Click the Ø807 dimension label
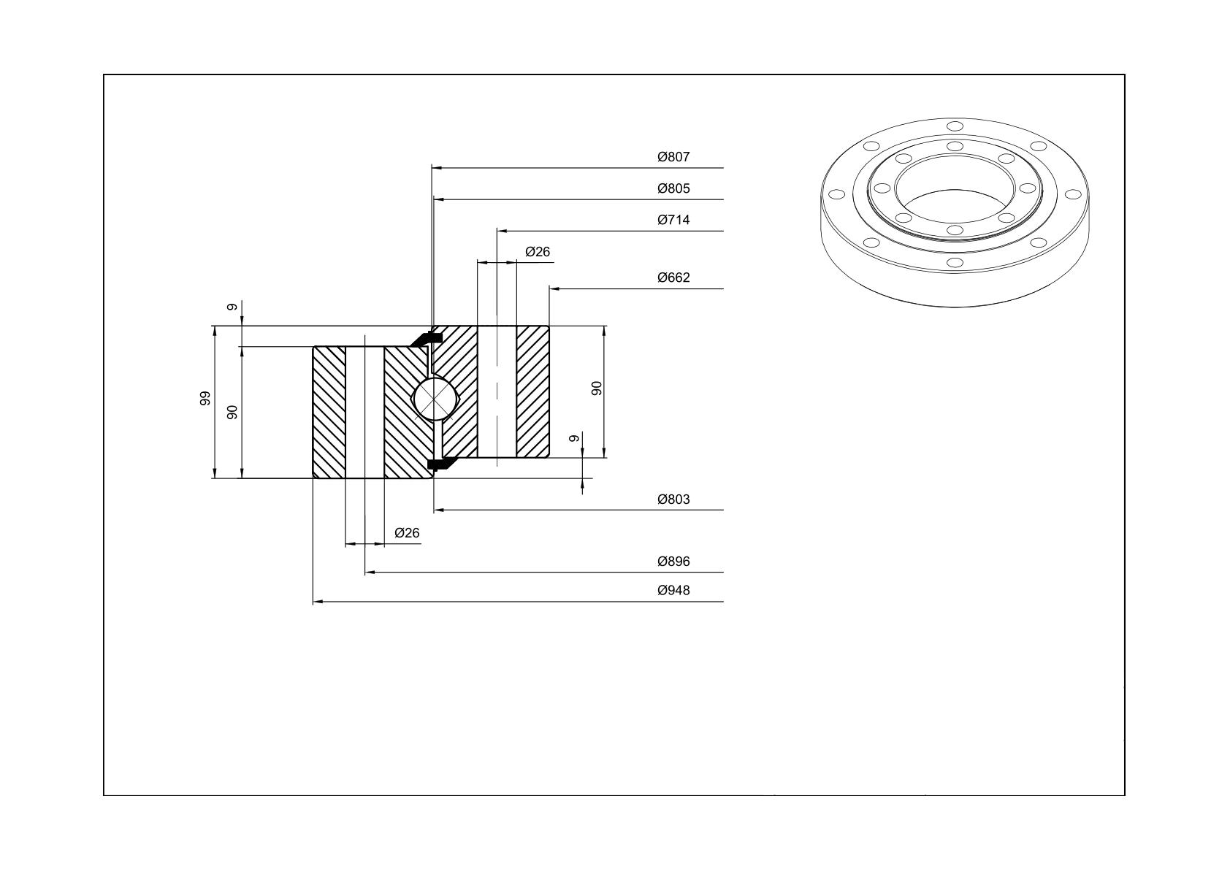point(673,157)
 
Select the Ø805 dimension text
point(673,189)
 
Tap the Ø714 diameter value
point(673,220)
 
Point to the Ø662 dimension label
point(673,277)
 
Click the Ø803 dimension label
point(673,499)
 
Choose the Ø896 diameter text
point(673,562)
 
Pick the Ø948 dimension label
point(673,591)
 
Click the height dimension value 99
point(205,399)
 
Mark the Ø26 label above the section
point(538,252)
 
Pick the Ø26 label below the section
point(407,533)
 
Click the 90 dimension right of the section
point(597,388)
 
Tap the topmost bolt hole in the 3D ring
point(955,126)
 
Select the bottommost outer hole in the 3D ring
point(955,262)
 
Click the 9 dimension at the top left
point(232,307)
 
